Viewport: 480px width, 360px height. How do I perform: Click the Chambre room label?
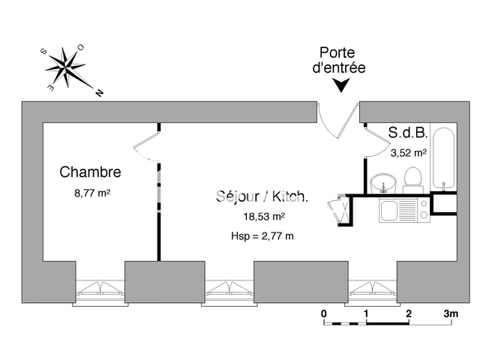(90, 172)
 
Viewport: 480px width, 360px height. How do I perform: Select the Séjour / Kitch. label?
(261, 196)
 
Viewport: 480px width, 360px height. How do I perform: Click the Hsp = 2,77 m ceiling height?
(262, 236)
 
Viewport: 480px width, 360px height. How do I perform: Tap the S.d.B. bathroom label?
(408, 133)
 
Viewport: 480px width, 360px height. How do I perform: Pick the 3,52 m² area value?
(409, 151)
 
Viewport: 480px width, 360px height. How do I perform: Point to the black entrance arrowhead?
(341, 87)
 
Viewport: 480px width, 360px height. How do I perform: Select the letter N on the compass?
(99, 94)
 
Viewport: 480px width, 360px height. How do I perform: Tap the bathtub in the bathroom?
(445, 159)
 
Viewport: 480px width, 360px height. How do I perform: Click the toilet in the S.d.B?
(411, 178)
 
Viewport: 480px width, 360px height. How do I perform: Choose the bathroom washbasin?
(382, 182)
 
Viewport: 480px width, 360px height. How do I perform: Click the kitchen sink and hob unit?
(403, 209)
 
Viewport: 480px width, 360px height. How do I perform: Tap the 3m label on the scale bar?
(450, 313)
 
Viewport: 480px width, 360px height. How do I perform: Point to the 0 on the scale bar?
(323, 313)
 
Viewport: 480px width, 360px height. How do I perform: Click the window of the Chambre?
(100, 287)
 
